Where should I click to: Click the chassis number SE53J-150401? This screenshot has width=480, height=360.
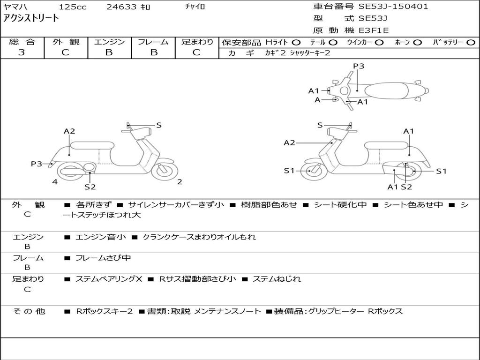point(393,7)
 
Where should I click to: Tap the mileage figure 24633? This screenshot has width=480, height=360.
point(121,7)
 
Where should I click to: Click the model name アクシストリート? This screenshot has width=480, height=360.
point(31,18)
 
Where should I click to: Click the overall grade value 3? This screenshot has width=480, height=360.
point(22,52)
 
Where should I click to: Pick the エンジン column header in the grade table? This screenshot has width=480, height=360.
point(109,42)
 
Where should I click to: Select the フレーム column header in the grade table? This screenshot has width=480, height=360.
point(153,42)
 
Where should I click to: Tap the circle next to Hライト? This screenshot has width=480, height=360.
point(296,42)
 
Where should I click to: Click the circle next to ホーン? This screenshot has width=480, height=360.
point(418,42)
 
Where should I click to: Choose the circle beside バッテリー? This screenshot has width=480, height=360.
point(471,42)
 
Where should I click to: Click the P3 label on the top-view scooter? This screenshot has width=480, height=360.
point(359,66)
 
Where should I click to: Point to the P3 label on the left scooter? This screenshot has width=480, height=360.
point(37,164)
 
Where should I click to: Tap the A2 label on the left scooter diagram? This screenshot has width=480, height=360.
point(69,131)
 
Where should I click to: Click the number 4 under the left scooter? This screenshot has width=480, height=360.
point(55,182)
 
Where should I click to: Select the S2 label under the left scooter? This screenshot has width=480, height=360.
point(90,187)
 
